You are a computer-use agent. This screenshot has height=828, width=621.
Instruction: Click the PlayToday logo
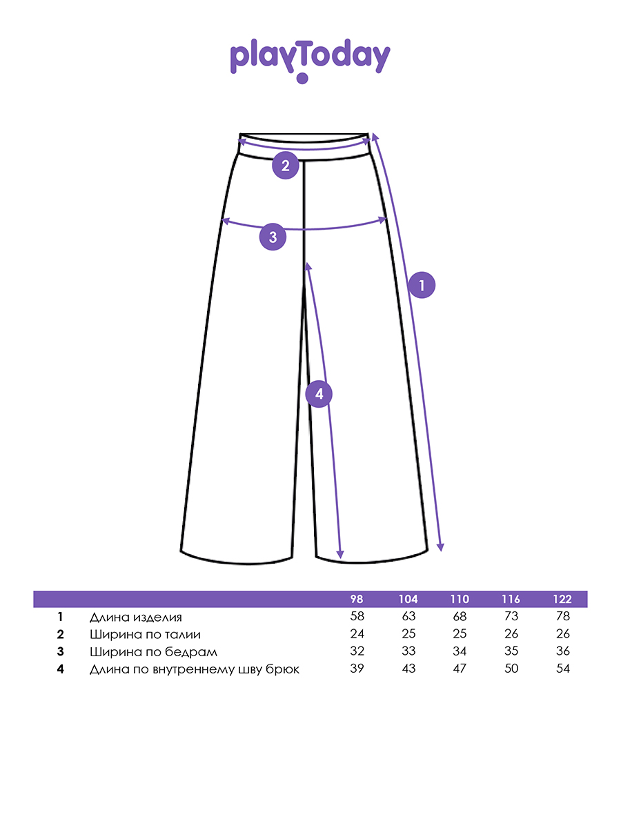[x=310, y=60]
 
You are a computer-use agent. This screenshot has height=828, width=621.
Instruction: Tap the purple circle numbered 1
[x=422, y=285]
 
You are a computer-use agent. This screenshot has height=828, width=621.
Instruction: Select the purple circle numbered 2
[x=286, y=165]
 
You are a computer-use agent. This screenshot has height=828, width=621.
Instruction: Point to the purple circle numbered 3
[x=273, y=237]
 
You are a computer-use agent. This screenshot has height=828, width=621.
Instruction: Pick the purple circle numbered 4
[x=319, y=394]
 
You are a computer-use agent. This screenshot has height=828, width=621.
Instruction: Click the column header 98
[x=357, y=599]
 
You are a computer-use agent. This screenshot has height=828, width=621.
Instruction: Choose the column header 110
[x=460, y=599]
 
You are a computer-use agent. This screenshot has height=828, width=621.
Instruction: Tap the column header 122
[x=562, y=599]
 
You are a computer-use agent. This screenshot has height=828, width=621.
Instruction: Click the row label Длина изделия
[x=136, y=618]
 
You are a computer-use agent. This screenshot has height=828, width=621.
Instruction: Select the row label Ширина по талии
[x=145, y=635]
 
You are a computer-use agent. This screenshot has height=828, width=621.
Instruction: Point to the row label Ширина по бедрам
[x=153, y=652]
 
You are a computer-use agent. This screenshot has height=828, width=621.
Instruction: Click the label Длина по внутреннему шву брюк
[x=195, y=669]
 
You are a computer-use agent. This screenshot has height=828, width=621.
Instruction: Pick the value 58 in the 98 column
[x=357, y=616]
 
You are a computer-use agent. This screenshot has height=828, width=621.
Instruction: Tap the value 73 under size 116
[x=511, y=616]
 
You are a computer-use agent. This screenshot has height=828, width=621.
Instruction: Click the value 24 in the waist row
[x=357, y=633]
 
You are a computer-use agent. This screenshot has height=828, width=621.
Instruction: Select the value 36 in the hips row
[x=563, y=651]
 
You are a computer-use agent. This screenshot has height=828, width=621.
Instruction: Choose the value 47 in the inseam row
[x=460, y=668]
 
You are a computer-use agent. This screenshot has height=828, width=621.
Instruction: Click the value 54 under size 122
[x=563, y=668]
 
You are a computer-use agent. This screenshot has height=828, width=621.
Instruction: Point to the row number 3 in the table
[x=60, y=651]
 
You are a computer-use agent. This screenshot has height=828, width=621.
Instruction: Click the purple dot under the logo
[x=302, y=79]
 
